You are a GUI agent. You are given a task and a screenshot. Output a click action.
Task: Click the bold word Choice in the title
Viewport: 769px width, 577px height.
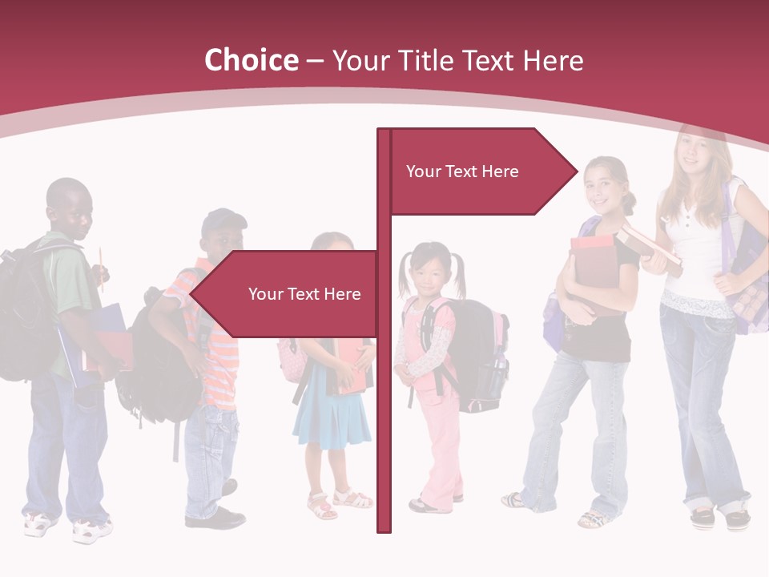[x=251, y=61]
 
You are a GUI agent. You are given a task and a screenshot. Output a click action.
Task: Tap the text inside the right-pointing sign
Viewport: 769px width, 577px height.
[x=462, y=171]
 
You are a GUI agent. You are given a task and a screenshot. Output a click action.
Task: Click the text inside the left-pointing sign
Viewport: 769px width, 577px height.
[x=304, y=294]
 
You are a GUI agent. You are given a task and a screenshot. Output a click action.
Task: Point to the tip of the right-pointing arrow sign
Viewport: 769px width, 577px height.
[x=576, y=171]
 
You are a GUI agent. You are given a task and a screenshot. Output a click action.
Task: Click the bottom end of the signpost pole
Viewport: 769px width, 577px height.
[x=384, y=528]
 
